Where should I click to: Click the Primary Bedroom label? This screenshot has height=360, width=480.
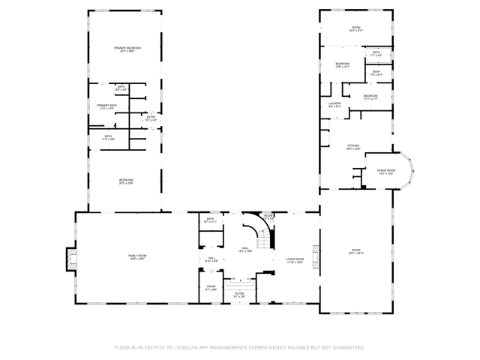(127, 49)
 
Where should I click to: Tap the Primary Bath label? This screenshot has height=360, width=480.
(107, 106)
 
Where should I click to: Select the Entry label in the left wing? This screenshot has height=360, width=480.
(151, 118)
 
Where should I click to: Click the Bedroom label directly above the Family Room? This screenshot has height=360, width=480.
(126, 181)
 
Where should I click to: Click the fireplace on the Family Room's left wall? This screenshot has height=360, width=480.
(70, 259)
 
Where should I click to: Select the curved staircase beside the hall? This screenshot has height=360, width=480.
(264, 232)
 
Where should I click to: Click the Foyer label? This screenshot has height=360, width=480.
(239, 295)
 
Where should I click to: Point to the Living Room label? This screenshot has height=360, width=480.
(295, 260)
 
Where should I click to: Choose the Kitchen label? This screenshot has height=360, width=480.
(352, 147)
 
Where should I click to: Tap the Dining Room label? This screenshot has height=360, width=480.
(386, 172)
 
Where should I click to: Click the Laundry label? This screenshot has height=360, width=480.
(334, 105)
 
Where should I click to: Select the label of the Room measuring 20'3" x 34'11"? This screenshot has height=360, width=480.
(356, 251)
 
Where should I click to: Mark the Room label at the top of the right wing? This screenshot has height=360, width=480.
(356, 30)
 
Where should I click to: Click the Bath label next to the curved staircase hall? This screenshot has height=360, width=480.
(211, 220)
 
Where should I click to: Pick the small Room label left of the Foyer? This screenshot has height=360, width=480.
(211, 288)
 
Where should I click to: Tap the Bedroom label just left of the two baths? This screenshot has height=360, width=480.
(342, 65)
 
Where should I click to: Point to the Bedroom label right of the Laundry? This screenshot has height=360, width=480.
(370, 97)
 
